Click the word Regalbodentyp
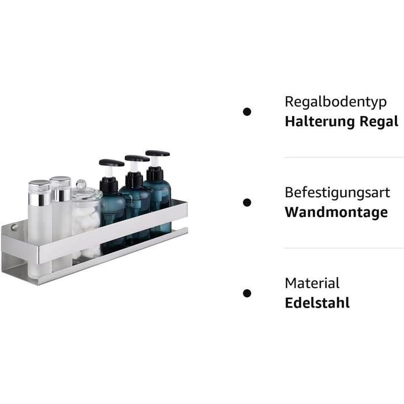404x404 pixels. [335, 102]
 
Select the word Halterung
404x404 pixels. [320, 121]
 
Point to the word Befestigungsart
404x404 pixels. [337, 193]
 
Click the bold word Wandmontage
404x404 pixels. [336, 212]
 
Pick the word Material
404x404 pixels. [312, 283]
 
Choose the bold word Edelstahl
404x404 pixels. [317, 303]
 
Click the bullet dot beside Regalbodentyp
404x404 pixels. [247, 112]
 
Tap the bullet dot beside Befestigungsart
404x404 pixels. [247, 203]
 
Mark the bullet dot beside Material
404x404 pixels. [247, 293]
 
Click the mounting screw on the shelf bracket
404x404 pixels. [14, 227]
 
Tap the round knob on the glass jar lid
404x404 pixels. [81, 184]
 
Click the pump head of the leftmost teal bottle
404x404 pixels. [111, 163]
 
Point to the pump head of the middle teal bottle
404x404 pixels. [137, 158]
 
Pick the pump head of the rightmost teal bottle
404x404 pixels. [158, 154]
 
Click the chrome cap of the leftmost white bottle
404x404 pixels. [39, 192]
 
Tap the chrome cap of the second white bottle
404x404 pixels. [61, 188]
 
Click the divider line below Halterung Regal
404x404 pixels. [344, 157]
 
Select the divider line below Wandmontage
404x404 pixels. [344, 248]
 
